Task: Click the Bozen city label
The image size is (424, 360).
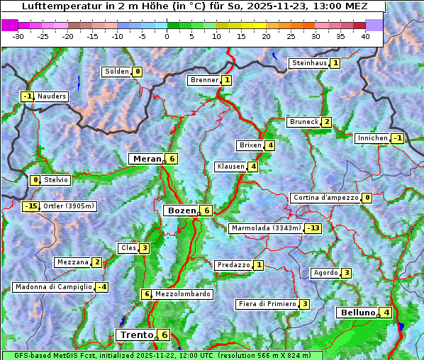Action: point(181,210)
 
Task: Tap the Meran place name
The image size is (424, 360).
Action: point(146,159)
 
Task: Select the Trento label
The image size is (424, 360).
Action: point(135,334)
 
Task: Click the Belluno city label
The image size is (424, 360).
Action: point(357,313)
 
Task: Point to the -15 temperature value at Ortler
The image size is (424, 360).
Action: point(30,206)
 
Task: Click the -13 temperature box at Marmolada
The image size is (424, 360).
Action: point(313,228)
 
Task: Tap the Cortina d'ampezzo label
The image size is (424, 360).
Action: point(325,198)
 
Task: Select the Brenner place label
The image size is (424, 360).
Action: point(204,80)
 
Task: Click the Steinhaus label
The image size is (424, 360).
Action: point(309,63)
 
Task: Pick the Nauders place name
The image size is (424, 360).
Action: point(52,96)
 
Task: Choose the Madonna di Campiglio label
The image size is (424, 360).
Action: point(53,287)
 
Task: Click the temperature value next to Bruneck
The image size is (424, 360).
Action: point(326,122)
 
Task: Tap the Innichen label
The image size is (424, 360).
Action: point(373,138)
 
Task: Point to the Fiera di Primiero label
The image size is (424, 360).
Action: point(267,304)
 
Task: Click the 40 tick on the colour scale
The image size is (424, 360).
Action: point(365,36)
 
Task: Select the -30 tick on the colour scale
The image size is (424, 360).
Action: point(18,36)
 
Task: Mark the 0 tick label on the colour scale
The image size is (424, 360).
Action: point(167,36)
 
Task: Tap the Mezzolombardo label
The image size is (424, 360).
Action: point(182,294)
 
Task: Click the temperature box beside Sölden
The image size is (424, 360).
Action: point(138,72)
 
